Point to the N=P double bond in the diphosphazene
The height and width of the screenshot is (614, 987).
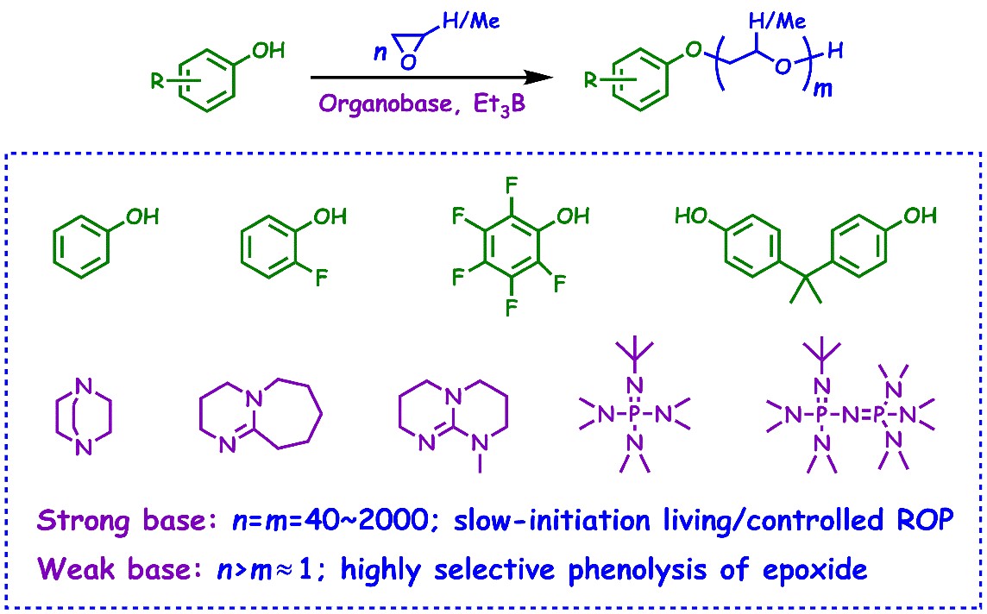point(850,414)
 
